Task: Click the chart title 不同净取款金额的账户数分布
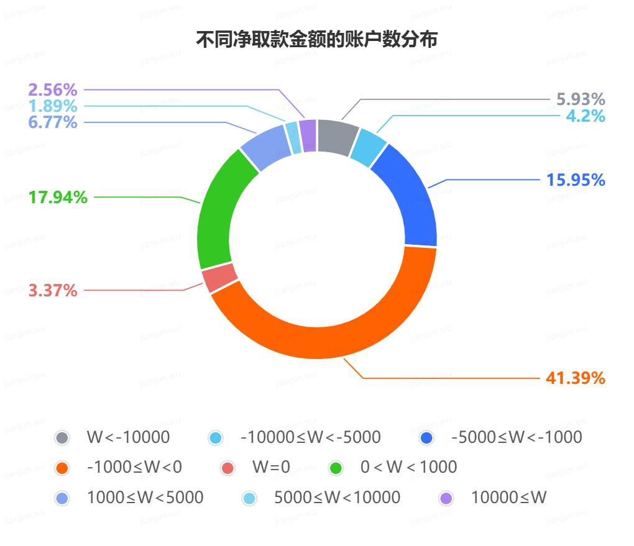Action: [317, 40]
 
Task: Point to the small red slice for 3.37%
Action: [219, 277]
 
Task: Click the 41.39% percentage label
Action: [576, 378]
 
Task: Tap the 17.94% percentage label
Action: [58, 198]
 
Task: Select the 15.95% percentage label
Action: [576, 180]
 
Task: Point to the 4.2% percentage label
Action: [586, 116]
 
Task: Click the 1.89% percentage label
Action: [53, 106]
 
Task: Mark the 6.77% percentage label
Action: [53, 122]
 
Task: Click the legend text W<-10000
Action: [128, 437]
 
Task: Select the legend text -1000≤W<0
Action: [135, 467]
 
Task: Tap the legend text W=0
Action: [271, 467]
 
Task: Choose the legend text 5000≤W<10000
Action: [338, 498]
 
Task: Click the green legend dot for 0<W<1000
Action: [338, 468]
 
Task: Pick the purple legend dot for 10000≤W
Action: [446, 498]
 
